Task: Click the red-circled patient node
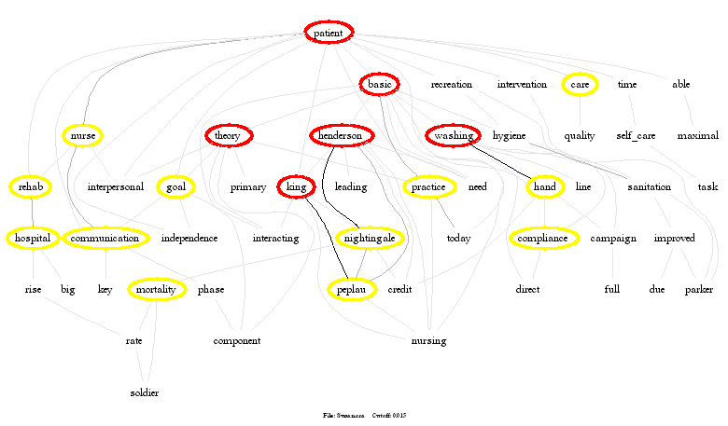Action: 329,33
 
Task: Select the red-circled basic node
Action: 380,85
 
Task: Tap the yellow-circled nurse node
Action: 82,136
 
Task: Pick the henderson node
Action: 341,136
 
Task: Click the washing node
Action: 453,136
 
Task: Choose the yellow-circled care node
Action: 580,85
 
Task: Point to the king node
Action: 296,187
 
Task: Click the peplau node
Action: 352,290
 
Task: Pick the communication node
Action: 105,239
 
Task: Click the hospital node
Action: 32,239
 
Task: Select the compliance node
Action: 542,239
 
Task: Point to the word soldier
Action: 144,392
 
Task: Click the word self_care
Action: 636,136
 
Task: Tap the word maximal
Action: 697,136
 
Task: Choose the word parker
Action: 698,290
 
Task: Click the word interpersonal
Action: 116,187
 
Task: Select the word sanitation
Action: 649,187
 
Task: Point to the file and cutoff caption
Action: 365,415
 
